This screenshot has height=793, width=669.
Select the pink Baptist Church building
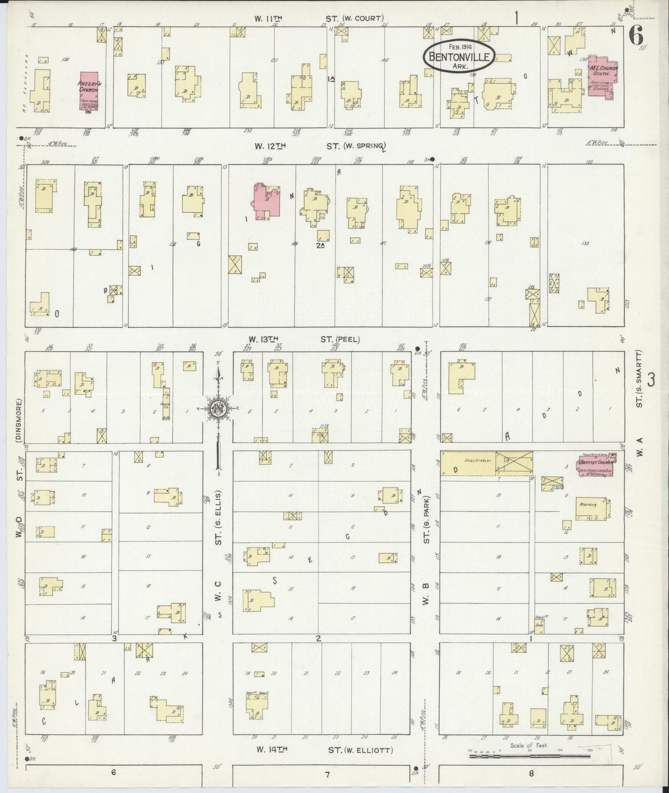tap(597, 465)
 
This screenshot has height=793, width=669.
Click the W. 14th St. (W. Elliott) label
tap(325, 750)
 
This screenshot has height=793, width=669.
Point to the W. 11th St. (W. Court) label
tap(319, 19)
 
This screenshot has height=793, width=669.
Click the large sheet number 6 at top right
tap(636, 34)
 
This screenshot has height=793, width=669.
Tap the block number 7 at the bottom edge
tap(327, 774)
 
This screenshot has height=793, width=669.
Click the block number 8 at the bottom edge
tap(531, 773)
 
